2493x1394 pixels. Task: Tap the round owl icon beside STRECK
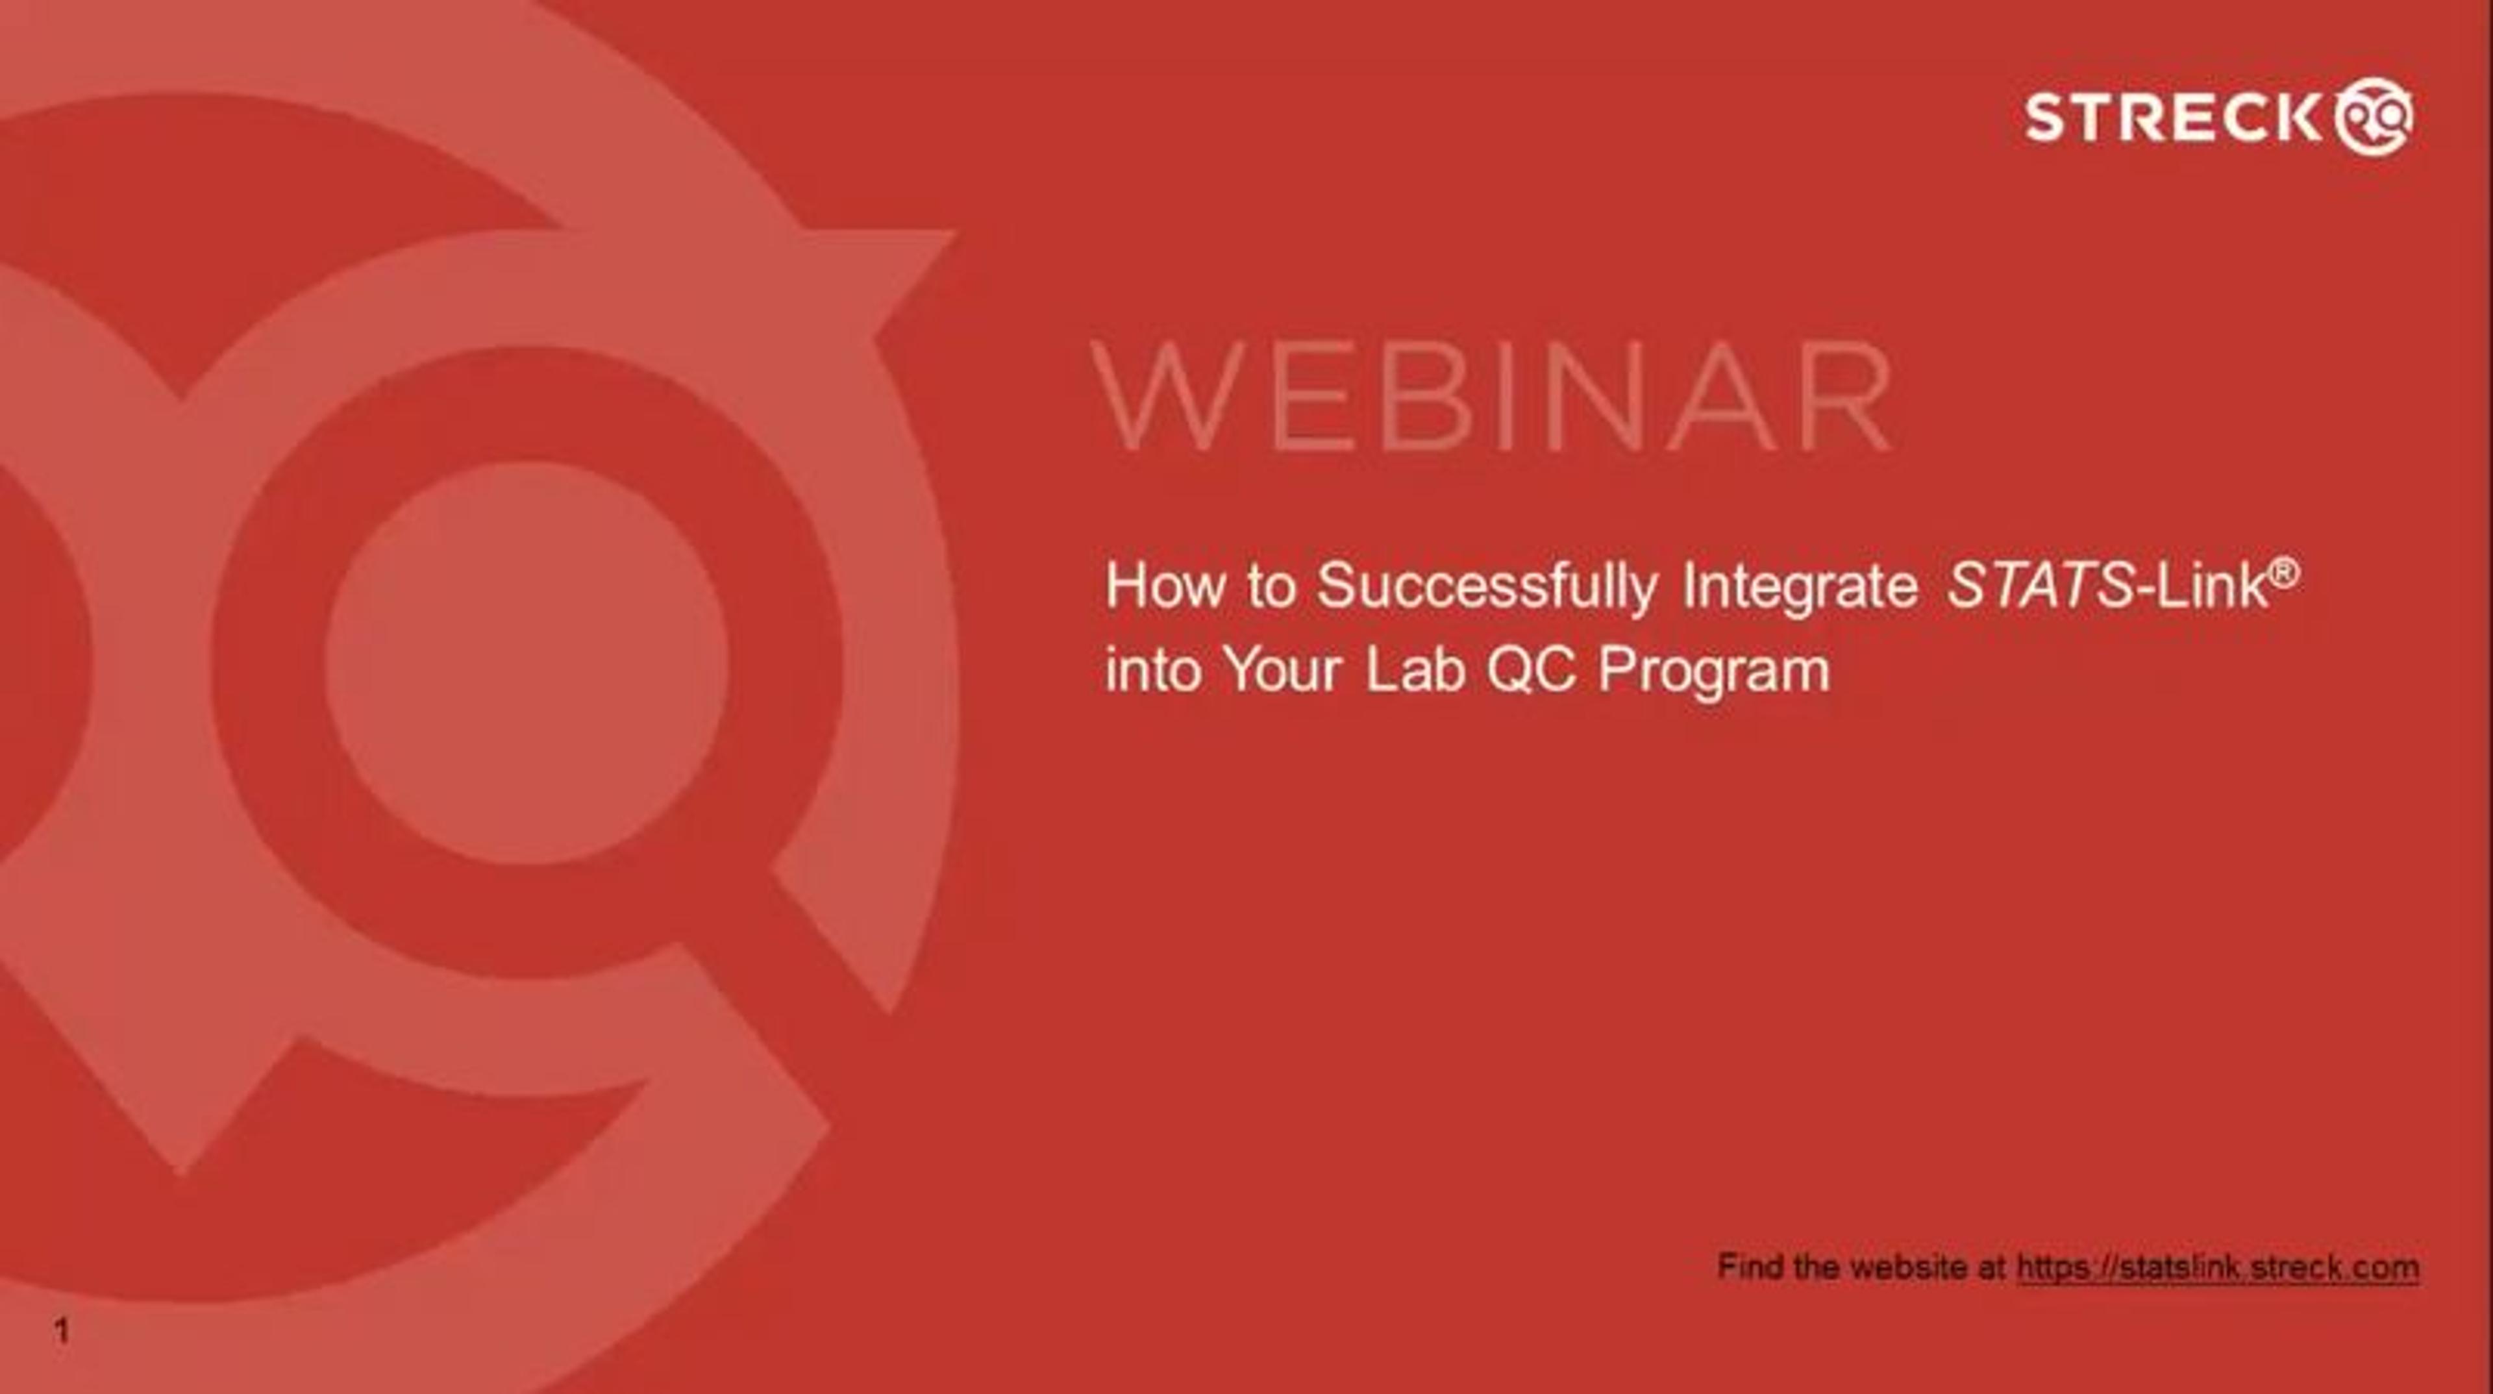2374,116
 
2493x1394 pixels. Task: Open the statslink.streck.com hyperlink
2218,1268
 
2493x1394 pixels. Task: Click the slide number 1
62,1332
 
